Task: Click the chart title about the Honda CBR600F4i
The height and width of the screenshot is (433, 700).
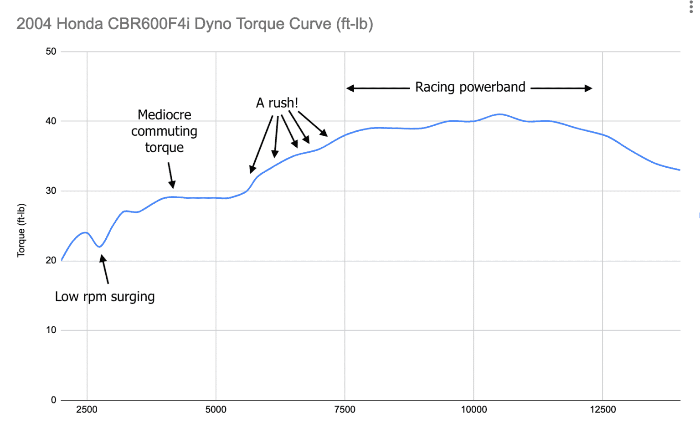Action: point(195,24)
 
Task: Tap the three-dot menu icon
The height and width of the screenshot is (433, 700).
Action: point(691,7)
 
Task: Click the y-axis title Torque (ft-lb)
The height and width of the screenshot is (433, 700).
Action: point(21,230)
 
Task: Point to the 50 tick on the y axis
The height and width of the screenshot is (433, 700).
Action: point(51,52)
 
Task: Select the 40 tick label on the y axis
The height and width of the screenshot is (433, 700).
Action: point(51,121)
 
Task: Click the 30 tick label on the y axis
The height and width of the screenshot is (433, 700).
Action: point(51,191)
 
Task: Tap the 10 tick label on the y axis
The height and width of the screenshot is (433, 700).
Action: point(51,330)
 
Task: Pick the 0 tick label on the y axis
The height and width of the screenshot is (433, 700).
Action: point(53,400)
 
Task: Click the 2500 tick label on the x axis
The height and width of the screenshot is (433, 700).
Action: point(87,409)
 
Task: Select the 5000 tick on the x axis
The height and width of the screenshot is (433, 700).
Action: point(216,409)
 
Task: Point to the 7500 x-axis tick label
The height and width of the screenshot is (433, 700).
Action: point(345,409)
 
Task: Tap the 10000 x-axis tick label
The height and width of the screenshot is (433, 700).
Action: point(474,409)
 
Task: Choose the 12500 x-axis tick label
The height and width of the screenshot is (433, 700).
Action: point(602,409)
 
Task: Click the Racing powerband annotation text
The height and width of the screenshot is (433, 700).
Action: point(470,87)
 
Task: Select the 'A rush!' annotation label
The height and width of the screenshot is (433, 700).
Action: point(277,103)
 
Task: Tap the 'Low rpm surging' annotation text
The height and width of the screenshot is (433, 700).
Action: point(105,297)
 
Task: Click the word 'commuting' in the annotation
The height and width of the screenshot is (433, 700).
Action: point(164,131)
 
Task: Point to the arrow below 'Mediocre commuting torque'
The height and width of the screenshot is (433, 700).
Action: point(171,175)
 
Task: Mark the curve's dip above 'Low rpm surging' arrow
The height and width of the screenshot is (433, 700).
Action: point(100,247)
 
